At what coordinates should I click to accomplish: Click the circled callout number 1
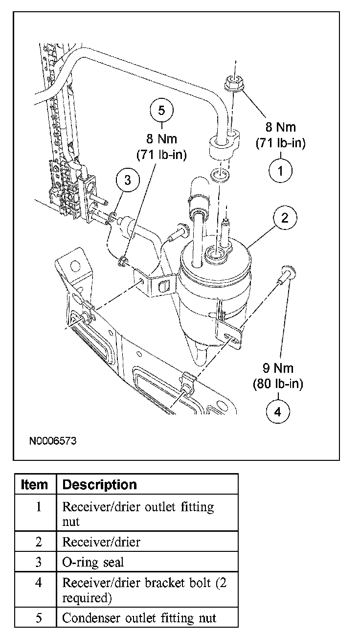(x=281, y=170)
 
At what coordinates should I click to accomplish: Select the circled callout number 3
(x=128, y=181)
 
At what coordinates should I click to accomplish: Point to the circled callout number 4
(x=277, y=411)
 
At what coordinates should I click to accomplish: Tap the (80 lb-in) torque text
(x=277, y=384)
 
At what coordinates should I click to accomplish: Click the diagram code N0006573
(x=52, y=441)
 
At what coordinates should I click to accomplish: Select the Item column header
(x=35, y=485)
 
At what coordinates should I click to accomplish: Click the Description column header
(x=100, y=485)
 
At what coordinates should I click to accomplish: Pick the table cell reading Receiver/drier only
(x=101, y=542)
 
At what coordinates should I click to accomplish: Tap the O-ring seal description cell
(x=93, y=562)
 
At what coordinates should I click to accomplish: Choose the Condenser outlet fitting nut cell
(x=139, y=618)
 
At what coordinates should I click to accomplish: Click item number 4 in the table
(x=39, y=583)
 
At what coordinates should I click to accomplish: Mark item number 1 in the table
(x=39, y=507)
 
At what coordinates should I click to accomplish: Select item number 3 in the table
(x=39, y=562)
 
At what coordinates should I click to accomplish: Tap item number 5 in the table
(x=39, y=618)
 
